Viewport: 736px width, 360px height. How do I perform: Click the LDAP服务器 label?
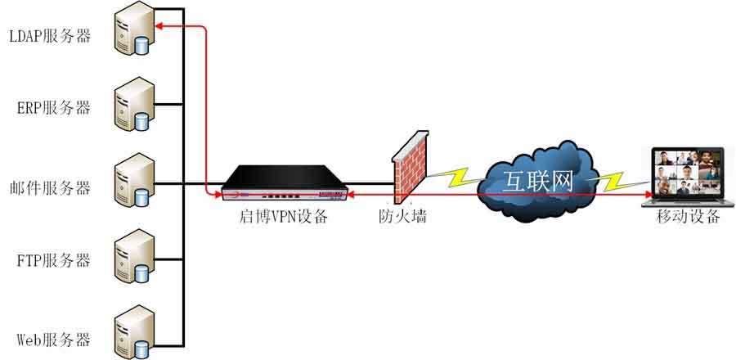[x=50, y=37]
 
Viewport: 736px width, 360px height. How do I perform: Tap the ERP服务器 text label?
[x=53, y=108]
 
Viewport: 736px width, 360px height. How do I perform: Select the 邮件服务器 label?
[x=50, y=188]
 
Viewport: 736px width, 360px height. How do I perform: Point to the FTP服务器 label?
[x=53, y=260]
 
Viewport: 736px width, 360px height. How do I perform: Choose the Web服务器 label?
[x=53, y=339]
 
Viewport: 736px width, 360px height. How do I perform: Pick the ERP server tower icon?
[x=134, y=104]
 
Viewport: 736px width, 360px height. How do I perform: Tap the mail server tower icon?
[x=134, y=180]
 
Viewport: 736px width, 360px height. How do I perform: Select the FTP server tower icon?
[x=134, y=256]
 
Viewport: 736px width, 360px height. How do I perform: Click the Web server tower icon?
[x=134, y=332]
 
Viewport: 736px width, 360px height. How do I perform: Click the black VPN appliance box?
[x=285, y=183]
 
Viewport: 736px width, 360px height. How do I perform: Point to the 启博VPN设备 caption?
[x=283, y=218]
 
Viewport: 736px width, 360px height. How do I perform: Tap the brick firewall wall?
[x=410, y=166]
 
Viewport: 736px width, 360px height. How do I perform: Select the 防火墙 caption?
[x=403, y=216]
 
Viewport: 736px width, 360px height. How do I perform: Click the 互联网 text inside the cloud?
[x=539, y=181]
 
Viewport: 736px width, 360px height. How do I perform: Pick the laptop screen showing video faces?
[x=687, y=171]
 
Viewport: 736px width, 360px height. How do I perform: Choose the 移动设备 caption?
[x=688, y=216]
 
